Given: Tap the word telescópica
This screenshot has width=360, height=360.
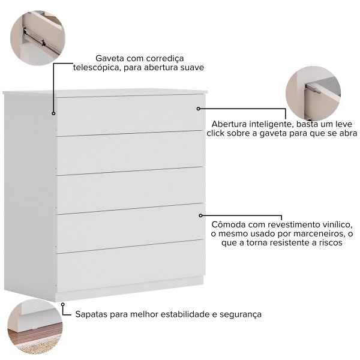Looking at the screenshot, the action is coord(97,67).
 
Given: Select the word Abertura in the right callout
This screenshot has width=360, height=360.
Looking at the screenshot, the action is coord(229,124).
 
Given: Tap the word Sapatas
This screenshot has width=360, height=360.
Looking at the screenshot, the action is coord(91,314).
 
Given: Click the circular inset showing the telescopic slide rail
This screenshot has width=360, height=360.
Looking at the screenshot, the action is coord(38,38).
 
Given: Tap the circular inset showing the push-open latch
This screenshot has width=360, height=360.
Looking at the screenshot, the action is coord(313,94).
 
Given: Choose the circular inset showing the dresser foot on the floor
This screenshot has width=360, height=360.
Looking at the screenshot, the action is coord(35,326).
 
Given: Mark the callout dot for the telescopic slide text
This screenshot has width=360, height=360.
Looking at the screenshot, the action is coord(53,113).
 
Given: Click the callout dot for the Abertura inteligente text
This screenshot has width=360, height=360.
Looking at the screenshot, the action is coord(199,109).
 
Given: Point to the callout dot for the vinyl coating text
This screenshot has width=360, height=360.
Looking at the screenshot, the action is coord(200,215).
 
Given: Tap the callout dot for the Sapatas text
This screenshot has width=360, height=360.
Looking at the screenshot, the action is coord(62,304).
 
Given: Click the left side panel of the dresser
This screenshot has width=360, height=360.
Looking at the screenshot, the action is coord(30,195).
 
